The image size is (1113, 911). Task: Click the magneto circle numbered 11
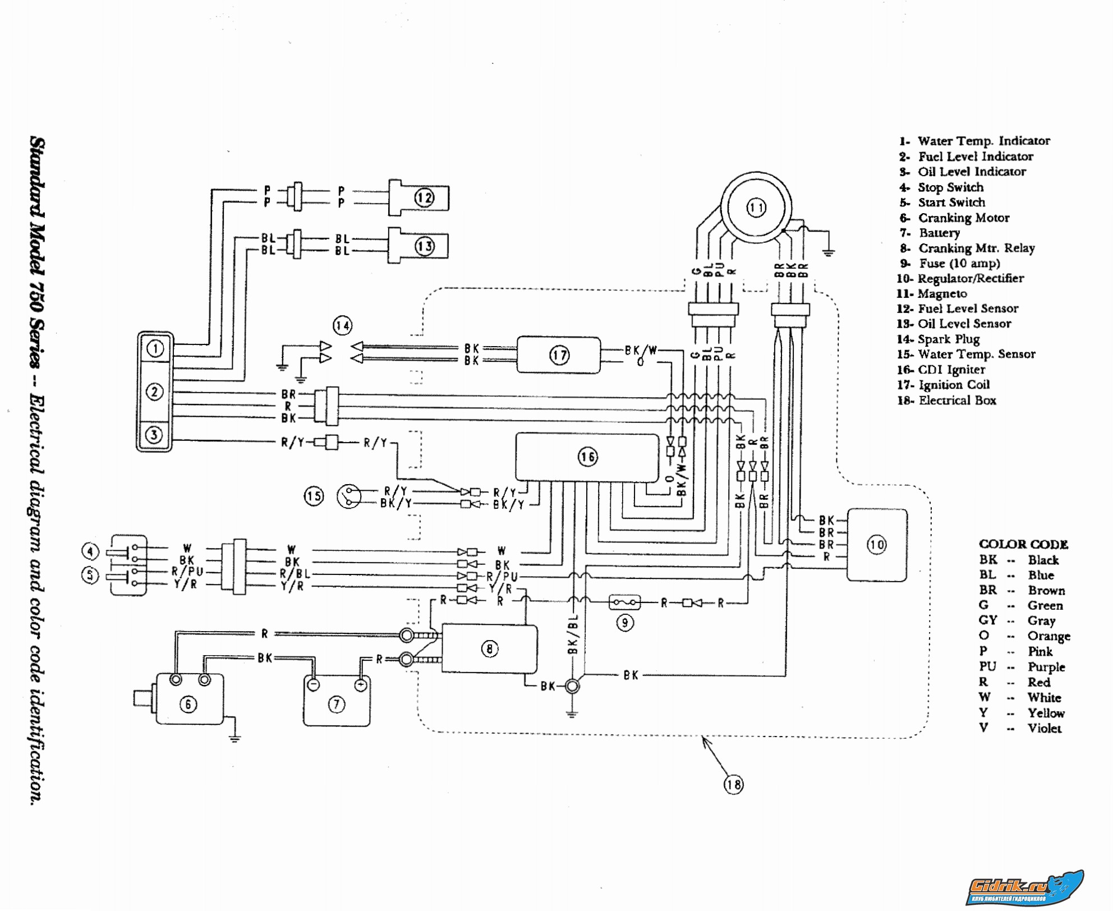coord(756,208)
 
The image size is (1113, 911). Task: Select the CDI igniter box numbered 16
coord(587,457)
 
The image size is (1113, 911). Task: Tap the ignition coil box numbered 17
coord(559,355)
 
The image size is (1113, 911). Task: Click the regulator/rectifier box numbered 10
coord(876,545)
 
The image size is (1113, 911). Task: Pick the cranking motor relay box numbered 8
coord(489,649)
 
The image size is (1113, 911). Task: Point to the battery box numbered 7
coord(336,704)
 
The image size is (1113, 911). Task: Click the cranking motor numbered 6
coord(188,701)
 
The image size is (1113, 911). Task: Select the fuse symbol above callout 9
coord(624,602)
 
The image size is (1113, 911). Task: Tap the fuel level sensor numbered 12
coord(424,197)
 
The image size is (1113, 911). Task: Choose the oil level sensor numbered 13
coord(424,246)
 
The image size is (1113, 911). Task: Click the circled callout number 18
coord(733,784)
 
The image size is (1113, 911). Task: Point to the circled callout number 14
coord(342,325)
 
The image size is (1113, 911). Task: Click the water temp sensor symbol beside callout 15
coord(349,496)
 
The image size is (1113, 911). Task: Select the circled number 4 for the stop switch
coord(90,551)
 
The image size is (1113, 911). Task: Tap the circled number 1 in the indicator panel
coord(155,349)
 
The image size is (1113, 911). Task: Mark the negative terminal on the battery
coord(314,685)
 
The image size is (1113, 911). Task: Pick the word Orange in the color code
coord(1048,636)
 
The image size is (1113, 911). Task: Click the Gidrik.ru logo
coord(1024,887)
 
